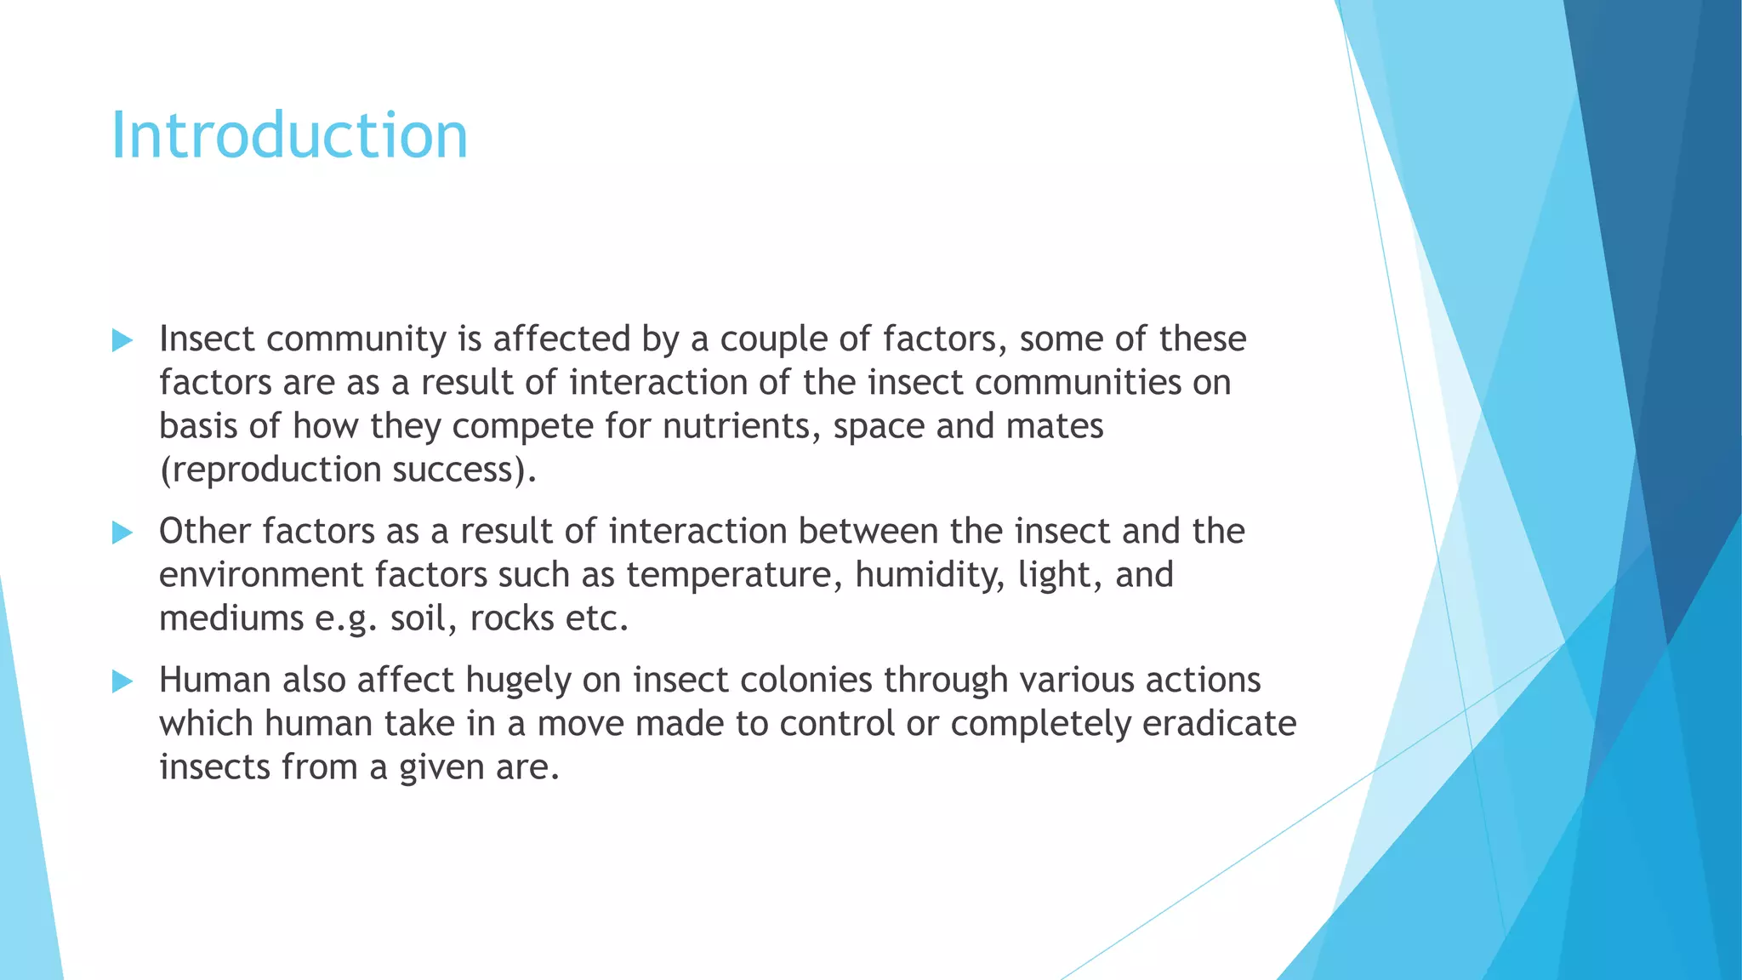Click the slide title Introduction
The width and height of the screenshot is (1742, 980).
289,136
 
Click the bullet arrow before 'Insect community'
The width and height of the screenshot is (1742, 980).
122,341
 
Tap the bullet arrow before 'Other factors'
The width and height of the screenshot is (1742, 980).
122,533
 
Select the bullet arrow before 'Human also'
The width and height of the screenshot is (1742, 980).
122,681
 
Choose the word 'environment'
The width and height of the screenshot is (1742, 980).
261,576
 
